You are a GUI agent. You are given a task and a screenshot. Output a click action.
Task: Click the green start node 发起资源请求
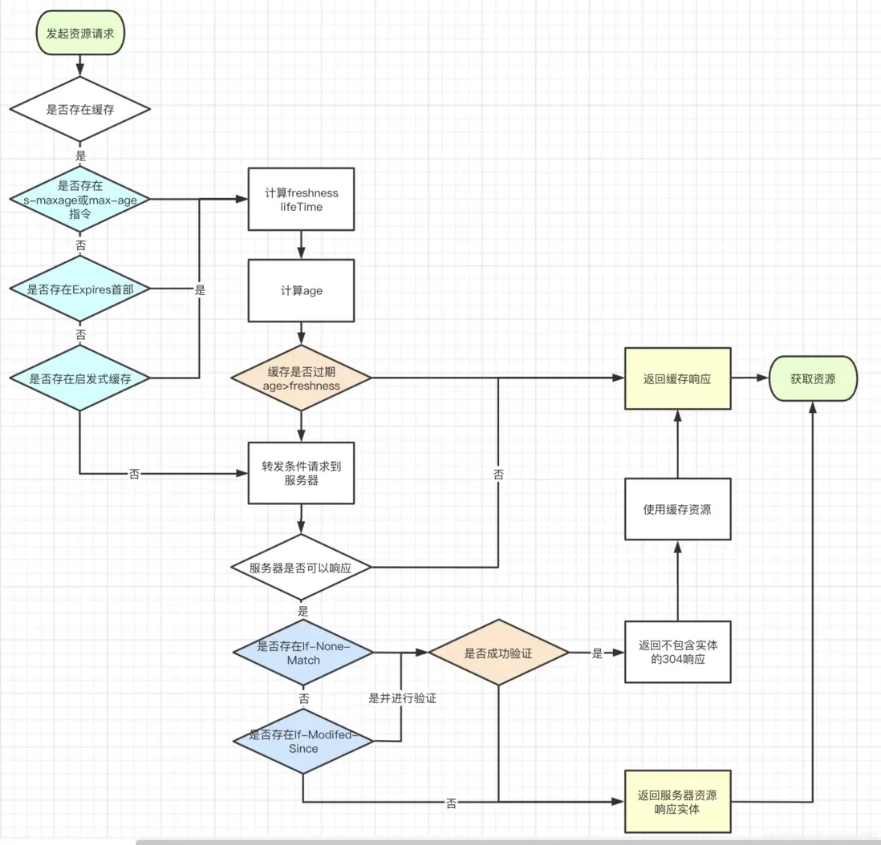[x=80, y=33]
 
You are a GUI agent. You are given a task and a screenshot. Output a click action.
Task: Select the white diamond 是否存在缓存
[x=80, y=109]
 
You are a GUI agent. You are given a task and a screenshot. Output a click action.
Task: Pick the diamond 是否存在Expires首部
[x=80, y=289]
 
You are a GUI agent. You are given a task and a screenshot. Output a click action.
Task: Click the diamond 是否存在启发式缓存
[x=80, y=378]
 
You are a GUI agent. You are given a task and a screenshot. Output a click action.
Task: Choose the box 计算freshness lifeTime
[x=301, y=200]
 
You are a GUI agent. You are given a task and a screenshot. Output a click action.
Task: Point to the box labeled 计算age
[x=301, y=290]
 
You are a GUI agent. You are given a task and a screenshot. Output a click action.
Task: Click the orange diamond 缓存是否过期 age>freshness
[x=301, y=378]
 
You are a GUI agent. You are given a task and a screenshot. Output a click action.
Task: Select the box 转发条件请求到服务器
[x=301, y=473]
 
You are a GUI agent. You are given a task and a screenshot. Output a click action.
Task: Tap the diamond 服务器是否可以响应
[x=301, y=568]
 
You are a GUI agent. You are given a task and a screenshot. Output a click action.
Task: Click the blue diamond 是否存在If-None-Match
[x=302, y=653]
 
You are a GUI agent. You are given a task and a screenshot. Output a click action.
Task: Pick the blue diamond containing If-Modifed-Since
[x=302, y=741]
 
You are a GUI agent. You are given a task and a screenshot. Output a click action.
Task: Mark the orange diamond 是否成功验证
[x=498, y=653]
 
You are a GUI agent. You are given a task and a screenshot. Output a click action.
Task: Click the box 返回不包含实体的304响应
[x=677, y=652]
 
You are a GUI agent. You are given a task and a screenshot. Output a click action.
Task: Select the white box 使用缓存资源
[x=677, y=509]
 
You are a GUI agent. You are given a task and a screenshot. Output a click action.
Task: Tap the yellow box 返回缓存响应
[x=677, y=378]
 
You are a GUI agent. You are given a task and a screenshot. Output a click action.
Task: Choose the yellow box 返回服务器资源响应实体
[x=677, y=802]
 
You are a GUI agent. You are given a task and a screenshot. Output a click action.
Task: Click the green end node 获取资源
[x=813, y=378]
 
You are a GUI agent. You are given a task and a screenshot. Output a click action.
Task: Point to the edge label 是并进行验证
[x=402, y=698]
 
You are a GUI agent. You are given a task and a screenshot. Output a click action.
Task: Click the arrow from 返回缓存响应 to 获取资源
[x=750, y=378]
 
